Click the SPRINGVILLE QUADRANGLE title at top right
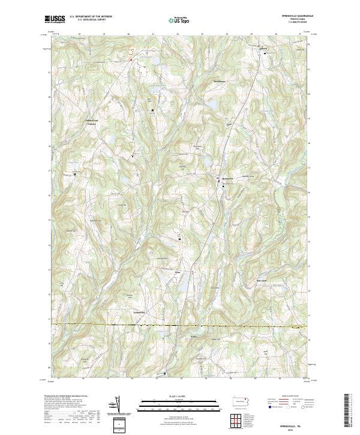(292, 16)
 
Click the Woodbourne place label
(218, 81)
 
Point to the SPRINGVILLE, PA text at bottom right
(292, 423)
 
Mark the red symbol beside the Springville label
(218, 178)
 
